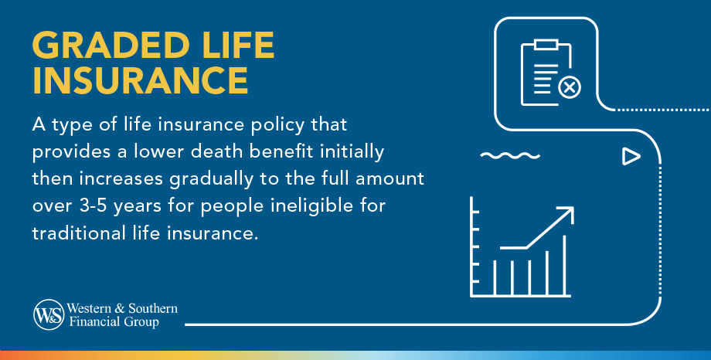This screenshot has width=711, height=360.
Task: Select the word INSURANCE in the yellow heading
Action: (x=140, y=81)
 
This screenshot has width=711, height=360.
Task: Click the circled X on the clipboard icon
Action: (x=570, y=88)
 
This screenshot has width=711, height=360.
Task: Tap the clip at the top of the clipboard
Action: (x=546, y=44)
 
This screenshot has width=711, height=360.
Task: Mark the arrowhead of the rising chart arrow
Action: (x=568, y=212)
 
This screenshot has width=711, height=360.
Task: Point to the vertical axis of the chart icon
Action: (x=471, y=247)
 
